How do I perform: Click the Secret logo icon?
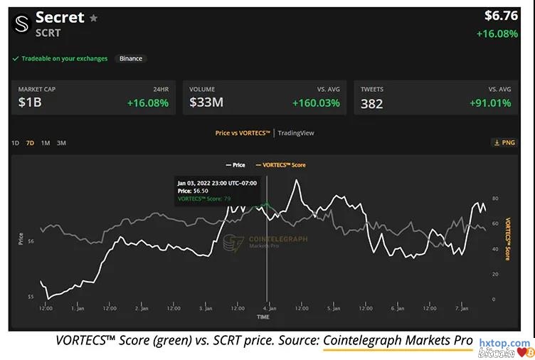click(x=21, y=24)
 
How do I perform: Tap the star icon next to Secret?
click(x=93, y=18)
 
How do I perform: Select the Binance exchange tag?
click(x=130, y=58)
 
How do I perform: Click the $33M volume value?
click(x=206, y=102)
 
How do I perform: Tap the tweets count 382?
click(x=371, y=103)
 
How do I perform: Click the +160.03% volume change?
click(x=316, y=103)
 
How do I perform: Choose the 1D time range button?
click(x=15, y=143)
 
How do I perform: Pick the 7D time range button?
click(x=30, y=143)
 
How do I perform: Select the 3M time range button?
click(x=61, y=143)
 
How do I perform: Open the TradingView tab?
click(x=296, y=133)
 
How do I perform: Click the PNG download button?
click(x=504, y=142)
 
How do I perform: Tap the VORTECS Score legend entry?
click(x=281, y=165)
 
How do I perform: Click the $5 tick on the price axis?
click(x=31, y=297)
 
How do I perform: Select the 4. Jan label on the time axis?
click(x=267, y=309)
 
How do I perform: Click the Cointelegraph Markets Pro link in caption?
click(x=397, y=340)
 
